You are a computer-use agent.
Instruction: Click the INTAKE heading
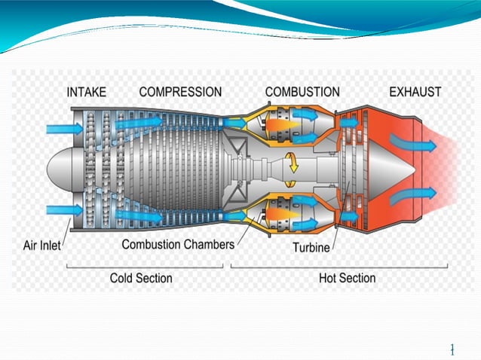[87, 92]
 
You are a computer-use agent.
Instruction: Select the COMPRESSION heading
[180, 92]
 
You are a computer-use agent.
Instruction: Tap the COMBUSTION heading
[302, 92]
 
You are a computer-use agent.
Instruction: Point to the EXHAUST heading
[415, 92]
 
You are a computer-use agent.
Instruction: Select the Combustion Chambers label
[178, 245]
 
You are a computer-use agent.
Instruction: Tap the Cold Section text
[141, 278]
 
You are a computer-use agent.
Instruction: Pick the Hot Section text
[347, 278]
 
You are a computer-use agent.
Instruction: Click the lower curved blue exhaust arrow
[418, 195]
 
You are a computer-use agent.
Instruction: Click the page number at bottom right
[452, 349]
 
